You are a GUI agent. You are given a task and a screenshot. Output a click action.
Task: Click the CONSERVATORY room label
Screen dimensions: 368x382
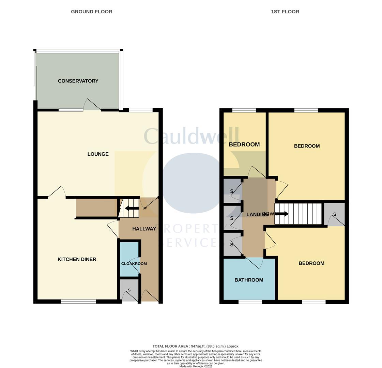coord(78,81)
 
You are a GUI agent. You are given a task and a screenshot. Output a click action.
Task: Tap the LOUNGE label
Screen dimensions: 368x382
coord(98,154)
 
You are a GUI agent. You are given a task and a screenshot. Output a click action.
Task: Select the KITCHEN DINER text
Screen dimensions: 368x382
coord(77,259)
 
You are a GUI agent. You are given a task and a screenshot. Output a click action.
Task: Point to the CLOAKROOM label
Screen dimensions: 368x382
coord(134,263)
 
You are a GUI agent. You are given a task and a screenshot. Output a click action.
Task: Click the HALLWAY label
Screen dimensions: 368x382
coord(144,229)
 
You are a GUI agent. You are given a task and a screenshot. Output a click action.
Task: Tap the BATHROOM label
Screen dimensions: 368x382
coord(249,280)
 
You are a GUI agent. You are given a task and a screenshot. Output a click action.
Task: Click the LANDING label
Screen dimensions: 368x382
coord(257,214)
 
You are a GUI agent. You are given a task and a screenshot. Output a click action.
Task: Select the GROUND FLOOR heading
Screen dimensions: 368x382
coord(91,12)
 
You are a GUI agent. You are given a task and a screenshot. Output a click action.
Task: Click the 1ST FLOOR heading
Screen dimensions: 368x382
coord(285,12)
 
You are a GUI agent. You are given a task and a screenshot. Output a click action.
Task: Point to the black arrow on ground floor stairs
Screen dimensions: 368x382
coord(131,208)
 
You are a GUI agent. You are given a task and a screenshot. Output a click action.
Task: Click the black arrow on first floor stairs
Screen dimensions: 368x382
coord(282,214)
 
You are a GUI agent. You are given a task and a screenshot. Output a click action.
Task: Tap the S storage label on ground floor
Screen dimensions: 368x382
coord(129,290)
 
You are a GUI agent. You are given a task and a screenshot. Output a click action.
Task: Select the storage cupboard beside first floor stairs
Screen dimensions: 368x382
coord(334,215)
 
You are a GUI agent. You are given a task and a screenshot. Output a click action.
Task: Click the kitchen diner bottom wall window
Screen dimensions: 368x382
coord(78,301)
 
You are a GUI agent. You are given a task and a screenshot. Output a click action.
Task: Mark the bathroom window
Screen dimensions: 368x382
coord(250,302)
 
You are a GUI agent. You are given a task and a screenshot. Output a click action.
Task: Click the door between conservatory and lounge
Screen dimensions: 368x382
coord(92,106)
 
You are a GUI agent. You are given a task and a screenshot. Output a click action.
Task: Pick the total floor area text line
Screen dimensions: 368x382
coord(196,346)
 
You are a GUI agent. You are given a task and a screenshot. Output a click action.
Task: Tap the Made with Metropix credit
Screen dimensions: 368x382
coord(196,366)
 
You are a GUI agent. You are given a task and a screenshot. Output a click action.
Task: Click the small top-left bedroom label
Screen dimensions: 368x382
coord(244,144)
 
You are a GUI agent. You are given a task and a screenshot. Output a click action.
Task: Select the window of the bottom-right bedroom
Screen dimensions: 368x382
coord(314,302)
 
